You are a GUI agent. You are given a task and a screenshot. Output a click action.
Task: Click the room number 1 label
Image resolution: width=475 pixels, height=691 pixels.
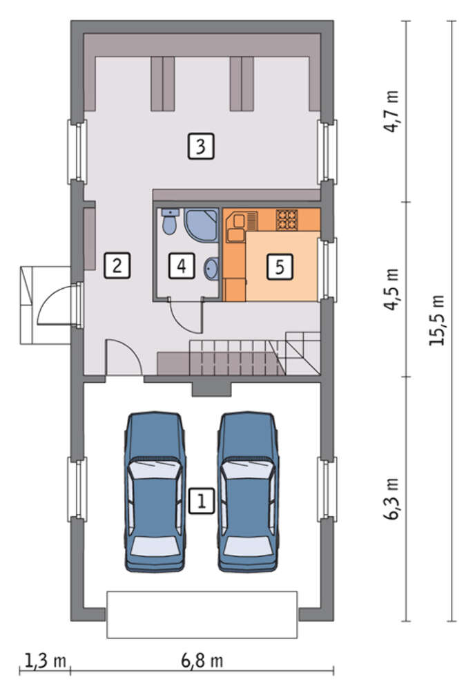[202, 501]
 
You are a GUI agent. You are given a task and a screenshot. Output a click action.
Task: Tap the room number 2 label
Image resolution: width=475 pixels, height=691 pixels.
[117, 265]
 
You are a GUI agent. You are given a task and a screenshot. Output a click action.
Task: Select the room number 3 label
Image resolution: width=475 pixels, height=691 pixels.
[201, 146]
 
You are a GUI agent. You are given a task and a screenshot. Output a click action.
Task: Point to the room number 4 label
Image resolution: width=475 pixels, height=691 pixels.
[182, 265]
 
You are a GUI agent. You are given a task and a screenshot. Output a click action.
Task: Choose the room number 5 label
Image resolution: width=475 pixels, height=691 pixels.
[280, 266]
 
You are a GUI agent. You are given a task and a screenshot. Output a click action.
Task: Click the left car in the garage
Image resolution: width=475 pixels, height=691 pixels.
[155, 492]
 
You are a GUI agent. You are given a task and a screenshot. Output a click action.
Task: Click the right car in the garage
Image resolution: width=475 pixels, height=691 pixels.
[249, 492]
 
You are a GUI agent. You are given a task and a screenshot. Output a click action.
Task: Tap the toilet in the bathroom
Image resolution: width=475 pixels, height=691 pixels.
[169, 220]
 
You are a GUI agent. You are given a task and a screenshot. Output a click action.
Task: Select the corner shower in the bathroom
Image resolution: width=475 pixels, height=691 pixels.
[201, 225]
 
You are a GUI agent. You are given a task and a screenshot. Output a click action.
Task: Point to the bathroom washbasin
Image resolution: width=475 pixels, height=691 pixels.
[211, 268]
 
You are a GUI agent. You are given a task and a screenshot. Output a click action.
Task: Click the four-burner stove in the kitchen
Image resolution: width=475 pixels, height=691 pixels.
[287, 220]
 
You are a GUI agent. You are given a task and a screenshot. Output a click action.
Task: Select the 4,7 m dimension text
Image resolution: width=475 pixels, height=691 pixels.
[391, 111]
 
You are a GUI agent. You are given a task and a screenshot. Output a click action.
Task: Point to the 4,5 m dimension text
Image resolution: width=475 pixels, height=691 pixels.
[391, 289]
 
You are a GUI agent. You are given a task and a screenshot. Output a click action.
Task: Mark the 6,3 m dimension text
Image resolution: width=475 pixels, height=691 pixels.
[391, 498]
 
